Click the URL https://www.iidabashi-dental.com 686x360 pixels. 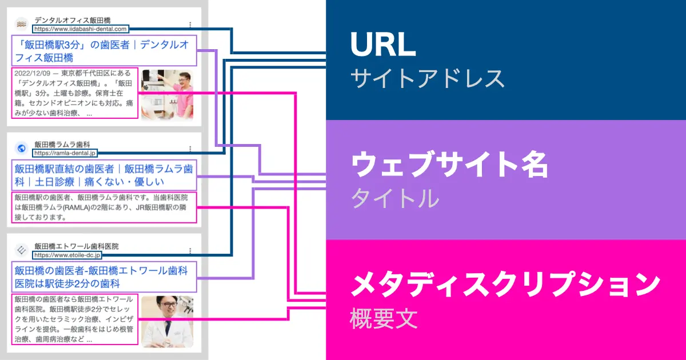(81, 28)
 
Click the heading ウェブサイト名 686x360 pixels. (449, 166)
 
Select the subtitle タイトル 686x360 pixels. (394, 198)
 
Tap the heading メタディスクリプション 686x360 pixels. (505, 285)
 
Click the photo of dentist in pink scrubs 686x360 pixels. (167, 94)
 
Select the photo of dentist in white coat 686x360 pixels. (167, 321)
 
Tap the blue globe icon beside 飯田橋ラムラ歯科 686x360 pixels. (22, 148)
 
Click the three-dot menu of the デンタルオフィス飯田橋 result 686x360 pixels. (190, 25)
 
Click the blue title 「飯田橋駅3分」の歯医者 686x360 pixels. (103, 51)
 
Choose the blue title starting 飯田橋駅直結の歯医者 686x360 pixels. (103, 175)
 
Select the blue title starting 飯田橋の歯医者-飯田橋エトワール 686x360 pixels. (103, 277)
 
